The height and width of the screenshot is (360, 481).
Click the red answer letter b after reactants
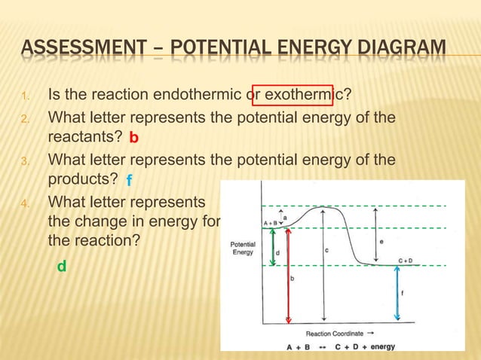pos(133,139)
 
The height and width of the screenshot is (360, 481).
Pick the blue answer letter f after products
pos(129,181)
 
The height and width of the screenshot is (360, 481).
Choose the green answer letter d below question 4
pos(62,266)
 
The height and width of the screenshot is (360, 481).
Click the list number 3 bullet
pos(24,160)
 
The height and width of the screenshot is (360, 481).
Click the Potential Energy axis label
pos(242,249)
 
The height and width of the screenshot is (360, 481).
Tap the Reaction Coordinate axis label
pos(334,333)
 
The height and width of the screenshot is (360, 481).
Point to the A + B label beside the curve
pos(271,223)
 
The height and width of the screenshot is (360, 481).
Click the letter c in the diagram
pos(325,250)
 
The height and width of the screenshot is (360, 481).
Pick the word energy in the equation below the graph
pos(383,347)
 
